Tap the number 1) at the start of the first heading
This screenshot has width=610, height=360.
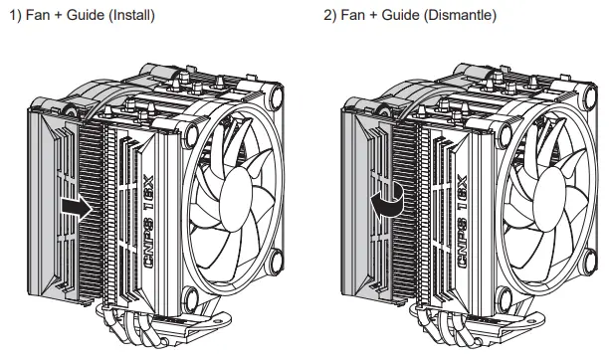[x=13, y=17]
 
